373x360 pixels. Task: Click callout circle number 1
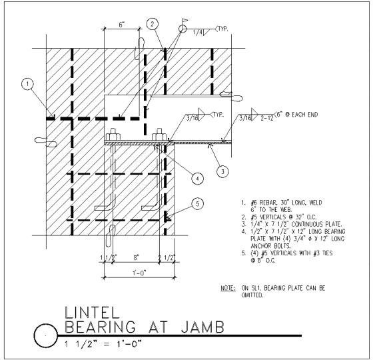pos(27,84)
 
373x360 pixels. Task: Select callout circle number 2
pos(153,24)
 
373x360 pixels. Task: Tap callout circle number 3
pos(222,171)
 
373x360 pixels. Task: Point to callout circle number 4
pos(197,179)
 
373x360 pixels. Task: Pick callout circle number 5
pos(197,204)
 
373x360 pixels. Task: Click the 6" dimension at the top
pos(121,25)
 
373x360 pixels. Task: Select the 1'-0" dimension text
pos(139,273)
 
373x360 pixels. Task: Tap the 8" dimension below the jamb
pos(136,257)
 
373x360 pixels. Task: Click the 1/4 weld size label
pos(197,33)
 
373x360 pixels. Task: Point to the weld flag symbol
pos(185,21)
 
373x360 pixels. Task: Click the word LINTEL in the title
pos(92,313)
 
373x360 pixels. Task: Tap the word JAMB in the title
pos(202,327)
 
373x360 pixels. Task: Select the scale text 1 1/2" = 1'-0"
pos(103,344)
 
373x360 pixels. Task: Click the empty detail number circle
pos(46,335)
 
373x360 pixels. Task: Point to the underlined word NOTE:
pos(228,288)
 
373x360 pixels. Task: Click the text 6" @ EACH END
pos(296,115)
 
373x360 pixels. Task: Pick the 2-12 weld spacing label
pos(267,118)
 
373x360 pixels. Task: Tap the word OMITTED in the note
pos(252,295)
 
